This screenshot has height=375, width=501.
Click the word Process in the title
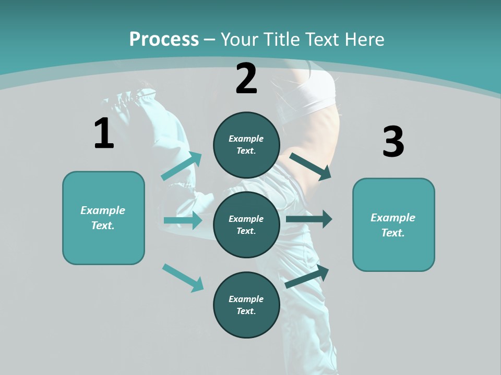click(164, 40)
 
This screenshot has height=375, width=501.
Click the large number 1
click(104, 133)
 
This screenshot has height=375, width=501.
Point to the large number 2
click(246, 79)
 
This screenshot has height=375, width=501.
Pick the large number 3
click(393, 142)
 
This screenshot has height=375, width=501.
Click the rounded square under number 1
click(103, 218)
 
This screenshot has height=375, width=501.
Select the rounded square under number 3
click(393, 224)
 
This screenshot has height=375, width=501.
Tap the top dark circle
click(246, 145)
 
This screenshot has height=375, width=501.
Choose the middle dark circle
click(246, 224)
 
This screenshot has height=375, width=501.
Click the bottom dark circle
click(246, 305)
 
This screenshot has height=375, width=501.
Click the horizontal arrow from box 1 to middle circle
click(183, 220)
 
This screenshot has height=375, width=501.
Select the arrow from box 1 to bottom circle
click(183, 278)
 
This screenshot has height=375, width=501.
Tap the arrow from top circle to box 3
click(311, 166)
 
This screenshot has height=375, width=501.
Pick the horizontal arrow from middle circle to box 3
click(309, 219)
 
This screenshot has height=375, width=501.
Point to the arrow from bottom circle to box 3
click(307, 277)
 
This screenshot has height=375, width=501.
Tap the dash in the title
click(210, 40)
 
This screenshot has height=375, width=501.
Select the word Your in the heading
click(238, 40)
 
